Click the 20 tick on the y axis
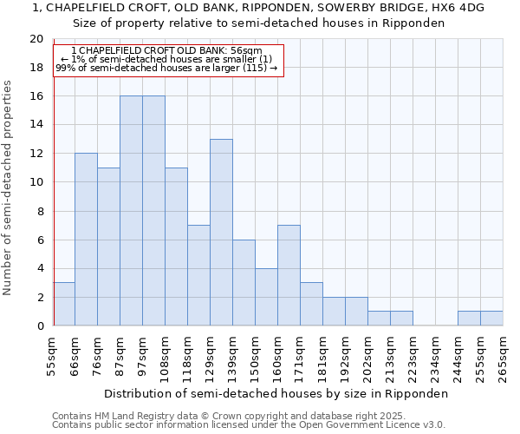[36, 39]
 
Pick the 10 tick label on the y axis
[36, 182]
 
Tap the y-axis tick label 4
[40, 268]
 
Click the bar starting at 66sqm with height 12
[86, 240]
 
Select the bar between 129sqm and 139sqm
[221, 233]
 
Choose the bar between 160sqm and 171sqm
[289, 275]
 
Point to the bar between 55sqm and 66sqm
[64, 304]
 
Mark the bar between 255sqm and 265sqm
[491, 319]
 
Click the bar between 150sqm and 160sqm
[266, 297]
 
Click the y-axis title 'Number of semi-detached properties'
[9, 187]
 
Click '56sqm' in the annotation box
[246, 51]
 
